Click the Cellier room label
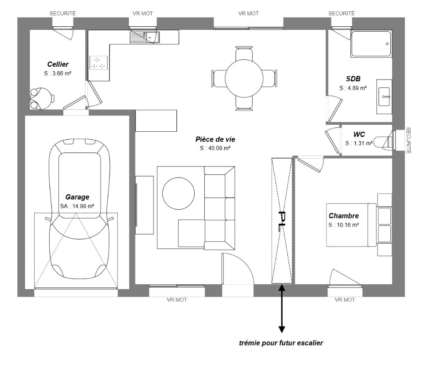click(x=58, y=64)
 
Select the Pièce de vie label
click(x=215, y=139)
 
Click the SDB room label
click(x=353, y=79)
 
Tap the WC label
click(x=359, y=134)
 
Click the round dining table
click(x=244, y=78)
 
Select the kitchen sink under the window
click(x=145, y=37)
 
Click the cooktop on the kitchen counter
click(x=98, y=63)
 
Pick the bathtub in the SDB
click(x=371, y=44)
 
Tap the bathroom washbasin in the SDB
click(x=384, y=97)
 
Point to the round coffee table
click(x=178, y=193)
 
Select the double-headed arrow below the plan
click(x=281, y=309)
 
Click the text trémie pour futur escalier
click(x=281, y=343)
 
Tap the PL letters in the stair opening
click(x=282, y=221)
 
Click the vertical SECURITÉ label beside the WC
click(x=408, y=140)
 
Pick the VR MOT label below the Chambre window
click(x=345, y=300)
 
